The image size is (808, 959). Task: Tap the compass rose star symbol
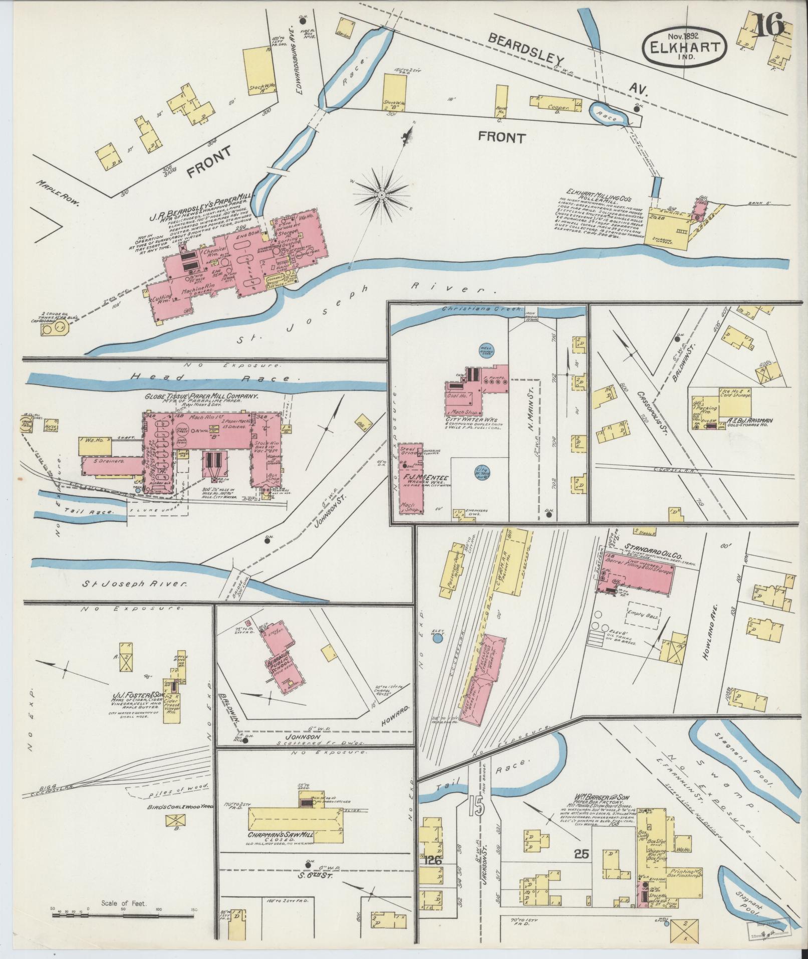381,194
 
